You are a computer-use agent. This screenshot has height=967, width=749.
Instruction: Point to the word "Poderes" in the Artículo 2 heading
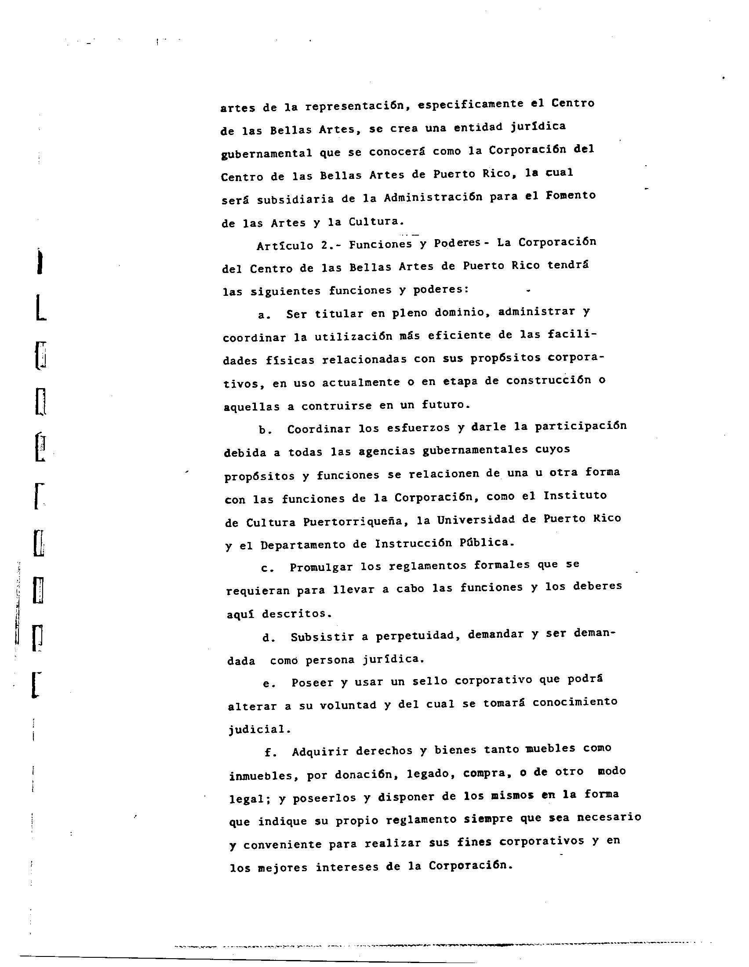click(457, 243)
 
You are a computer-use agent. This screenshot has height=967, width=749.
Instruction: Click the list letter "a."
click(264, 315)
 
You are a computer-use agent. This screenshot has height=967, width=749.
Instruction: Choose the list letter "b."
click(265, 430)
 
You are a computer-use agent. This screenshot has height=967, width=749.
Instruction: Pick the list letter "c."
click(267, 568)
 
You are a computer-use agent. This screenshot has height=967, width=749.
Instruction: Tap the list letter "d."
click(269, 638)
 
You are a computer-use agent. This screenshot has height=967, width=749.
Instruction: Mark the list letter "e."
click(269, 683)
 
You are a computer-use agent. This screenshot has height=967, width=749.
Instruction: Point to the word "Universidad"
click(476, 520)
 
